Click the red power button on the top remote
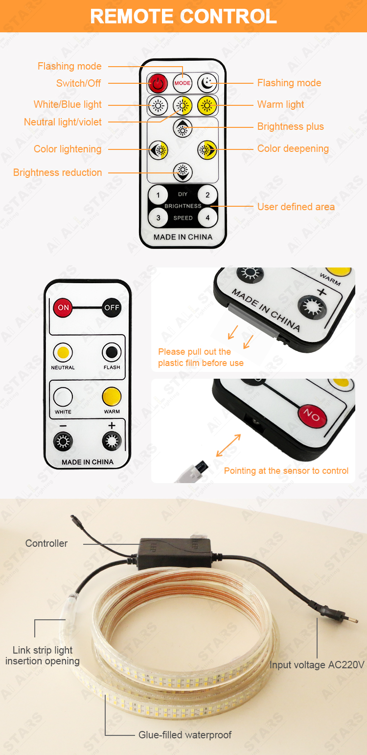pos(158,83)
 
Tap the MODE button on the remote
pos(183,83)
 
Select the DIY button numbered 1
pos(158,195)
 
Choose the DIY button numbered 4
pos(207,218)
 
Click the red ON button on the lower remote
pos(63,307)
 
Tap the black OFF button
pos(112,307)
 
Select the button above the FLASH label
pos(112,352)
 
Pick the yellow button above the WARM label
pos(112,397)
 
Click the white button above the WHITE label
pos(63,397)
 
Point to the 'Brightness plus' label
pos(291,126)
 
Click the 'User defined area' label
pos(296,207)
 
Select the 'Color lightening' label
pos(68,149)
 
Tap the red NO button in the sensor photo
pos(312,415)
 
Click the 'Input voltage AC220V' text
pos(317,665)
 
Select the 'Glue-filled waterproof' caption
pos(185,735)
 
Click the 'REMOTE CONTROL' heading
pos(183,16)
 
